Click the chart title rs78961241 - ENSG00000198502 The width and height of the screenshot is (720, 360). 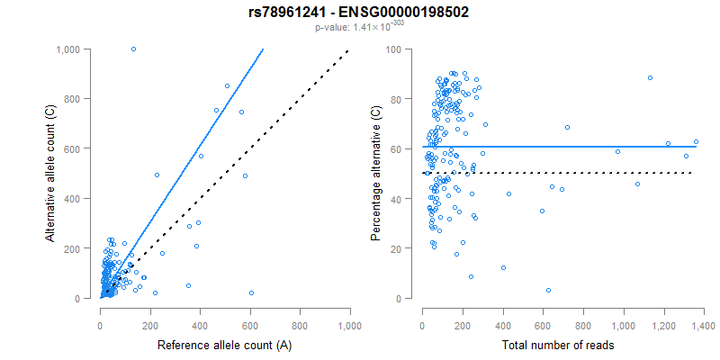pyautogui.click(x=359, y=13)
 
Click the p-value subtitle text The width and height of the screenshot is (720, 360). pyautogui.click(x=359, y=28)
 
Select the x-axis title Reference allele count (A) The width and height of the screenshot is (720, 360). pyautogui.click(x=223, y=345)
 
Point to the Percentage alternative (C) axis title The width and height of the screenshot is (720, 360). pyautogui.click(x=376, y=174)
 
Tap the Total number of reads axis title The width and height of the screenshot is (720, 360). pyautogui.click(x=562, y=345)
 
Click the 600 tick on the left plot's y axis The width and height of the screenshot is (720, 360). pyautogui.click(x=80, y=148)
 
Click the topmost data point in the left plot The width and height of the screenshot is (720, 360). pyautogui.click(x=133, y=49)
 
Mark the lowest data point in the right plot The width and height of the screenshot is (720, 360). pyautogui.click(x=548, y=290)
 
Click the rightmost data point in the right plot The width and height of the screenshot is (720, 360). pyautogui.click(x=696, y=141)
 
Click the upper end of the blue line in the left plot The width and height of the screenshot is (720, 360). pyautogui.click(x=263, y=49)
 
